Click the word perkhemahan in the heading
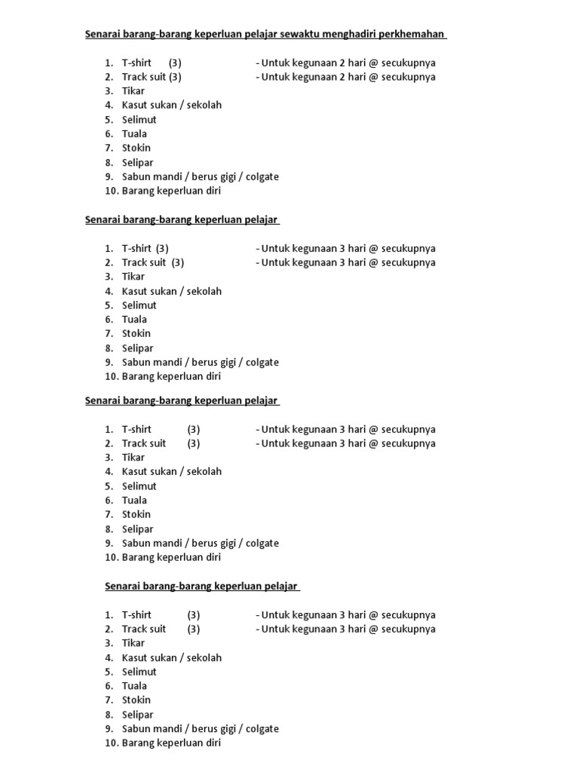[x=414, y=34]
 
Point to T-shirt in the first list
[x=136, y=63]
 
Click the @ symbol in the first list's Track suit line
[x=373, y=77]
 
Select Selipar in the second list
[x=137, y=348]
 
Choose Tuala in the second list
[x=134, y=320]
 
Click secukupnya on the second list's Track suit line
[x=408, y=263]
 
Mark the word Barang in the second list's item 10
[x=138, y=377]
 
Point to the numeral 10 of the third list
[x=111, y=558]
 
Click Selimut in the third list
[x=139, y=486]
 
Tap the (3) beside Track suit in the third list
[x=194, y=443]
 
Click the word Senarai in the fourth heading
[x=121, y=586]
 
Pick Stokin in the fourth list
[x=136, y=700]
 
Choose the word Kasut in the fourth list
[x=136, y=658]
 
